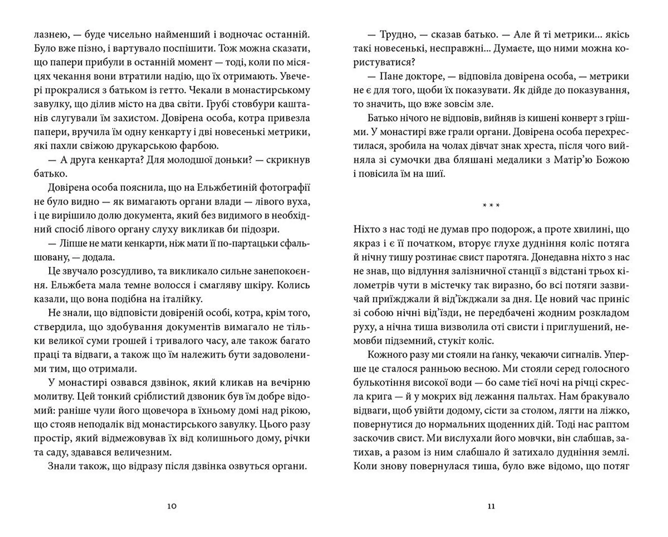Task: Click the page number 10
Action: [x=172, y=506]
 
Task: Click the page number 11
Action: [x=491, y=506]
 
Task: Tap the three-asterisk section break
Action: [x=491, y=205]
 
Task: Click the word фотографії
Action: [x=285, y=188]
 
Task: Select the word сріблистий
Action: [x=152, y=397]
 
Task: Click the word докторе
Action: [x=420, y=77]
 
